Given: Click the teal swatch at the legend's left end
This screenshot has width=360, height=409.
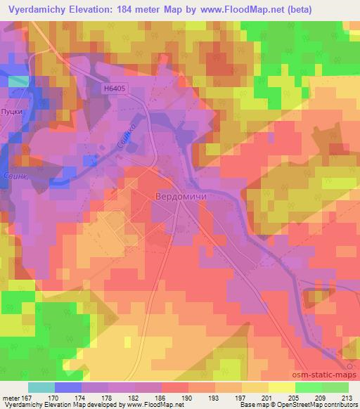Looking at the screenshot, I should [41, 387].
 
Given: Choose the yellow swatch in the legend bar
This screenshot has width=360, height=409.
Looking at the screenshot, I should [282, 387].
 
